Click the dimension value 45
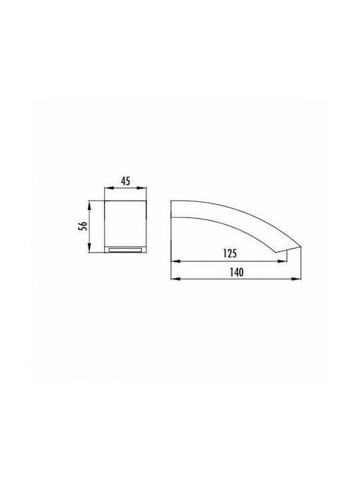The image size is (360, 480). [x=125, y=181]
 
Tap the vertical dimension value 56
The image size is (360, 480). [x=83, y=226]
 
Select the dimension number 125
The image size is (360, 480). [x=230, y=253]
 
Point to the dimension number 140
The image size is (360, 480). [x=237, y=272]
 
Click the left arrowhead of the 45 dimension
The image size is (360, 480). [x=109, y=189]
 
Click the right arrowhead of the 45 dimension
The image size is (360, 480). [x=142, y=189]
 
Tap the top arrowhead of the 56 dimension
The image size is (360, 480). [x=89, y=205]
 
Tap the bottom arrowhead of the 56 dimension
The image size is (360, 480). [x=89, y=248]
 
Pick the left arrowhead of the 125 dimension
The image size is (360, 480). [x=175, y=261]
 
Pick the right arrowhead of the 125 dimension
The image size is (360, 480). [x=283, y=261]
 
